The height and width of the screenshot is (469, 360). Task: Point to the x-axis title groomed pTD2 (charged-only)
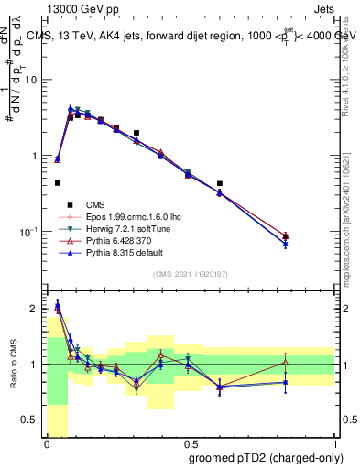click(266, 457)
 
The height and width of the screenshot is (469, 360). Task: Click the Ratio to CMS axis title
click(13, 365)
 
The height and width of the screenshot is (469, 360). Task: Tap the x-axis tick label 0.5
click(190, 444)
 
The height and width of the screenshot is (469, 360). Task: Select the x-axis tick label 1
click(333, 444)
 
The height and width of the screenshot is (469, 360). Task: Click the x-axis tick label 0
click(47, 444)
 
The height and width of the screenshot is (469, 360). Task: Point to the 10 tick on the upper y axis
click(34, 80)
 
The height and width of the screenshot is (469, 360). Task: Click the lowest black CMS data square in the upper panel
click(58, 183)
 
